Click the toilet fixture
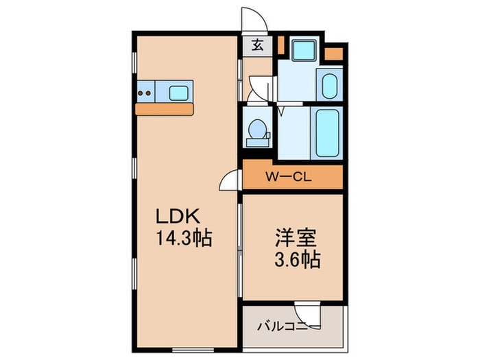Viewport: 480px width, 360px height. tap(258, 130)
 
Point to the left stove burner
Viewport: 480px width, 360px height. tap(141, 92)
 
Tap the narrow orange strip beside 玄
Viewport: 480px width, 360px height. tap(280, 45)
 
